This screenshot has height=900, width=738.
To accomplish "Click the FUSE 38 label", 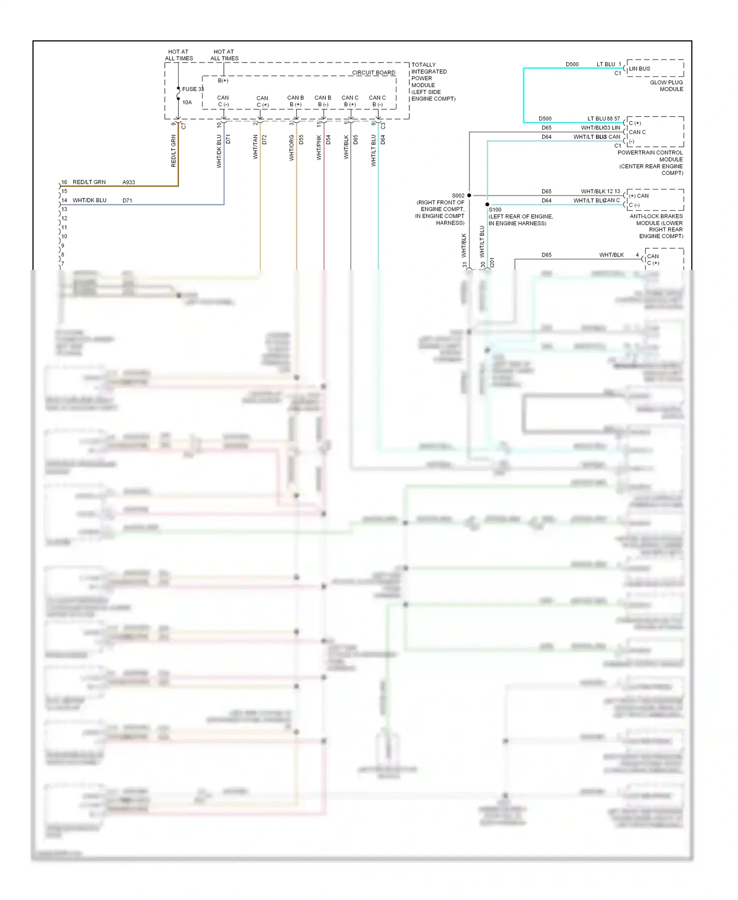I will (x=192, y=89).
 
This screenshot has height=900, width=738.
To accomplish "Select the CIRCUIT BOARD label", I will (x=373, y=72).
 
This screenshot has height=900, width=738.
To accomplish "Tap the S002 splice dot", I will (x=469, y=195).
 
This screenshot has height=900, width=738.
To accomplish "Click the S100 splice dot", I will (x=487, y=204).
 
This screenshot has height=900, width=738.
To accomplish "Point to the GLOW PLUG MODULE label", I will (x=666, y=86).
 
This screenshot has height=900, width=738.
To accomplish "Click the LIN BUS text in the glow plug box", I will (x=639, y=68).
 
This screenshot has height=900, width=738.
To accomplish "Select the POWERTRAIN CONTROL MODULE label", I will (x=650, y=162).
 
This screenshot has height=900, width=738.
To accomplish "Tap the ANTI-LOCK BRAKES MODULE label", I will (x=656, y=226).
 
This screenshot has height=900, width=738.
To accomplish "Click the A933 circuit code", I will (x=128, y=182).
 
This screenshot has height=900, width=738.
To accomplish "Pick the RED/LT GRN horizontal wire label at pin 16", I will (x=89, y=182).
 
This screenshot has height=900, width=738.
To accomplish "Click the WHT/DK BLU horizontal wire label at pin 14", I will (x=89, y=200).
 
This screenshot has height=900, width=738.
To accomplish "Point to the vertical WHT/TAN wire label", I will (x=255, y=147).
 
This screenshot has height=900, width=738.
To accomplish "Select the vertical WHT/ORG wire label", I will (x=292, y=148).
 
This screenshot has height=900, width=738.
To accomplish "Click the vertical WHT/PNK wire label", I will (x=319, y=148).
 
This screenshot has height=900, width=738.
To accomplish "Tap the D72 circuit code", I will (x=264, y=139).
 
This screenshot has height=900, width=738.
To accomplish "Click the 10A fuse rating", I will (x=187, y=102).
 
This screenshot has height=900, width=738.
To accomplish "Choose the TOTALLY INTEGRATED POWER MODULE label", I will (x=432, y=82).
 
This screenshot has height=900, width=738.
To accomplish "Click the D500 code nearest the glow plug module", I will (x=572, y=64).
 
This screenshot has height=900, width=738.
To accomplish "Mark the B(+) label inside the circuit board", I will (x=223, y=80).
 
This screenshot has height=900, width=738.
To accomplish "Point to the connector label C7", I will (x=184, y=126).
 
